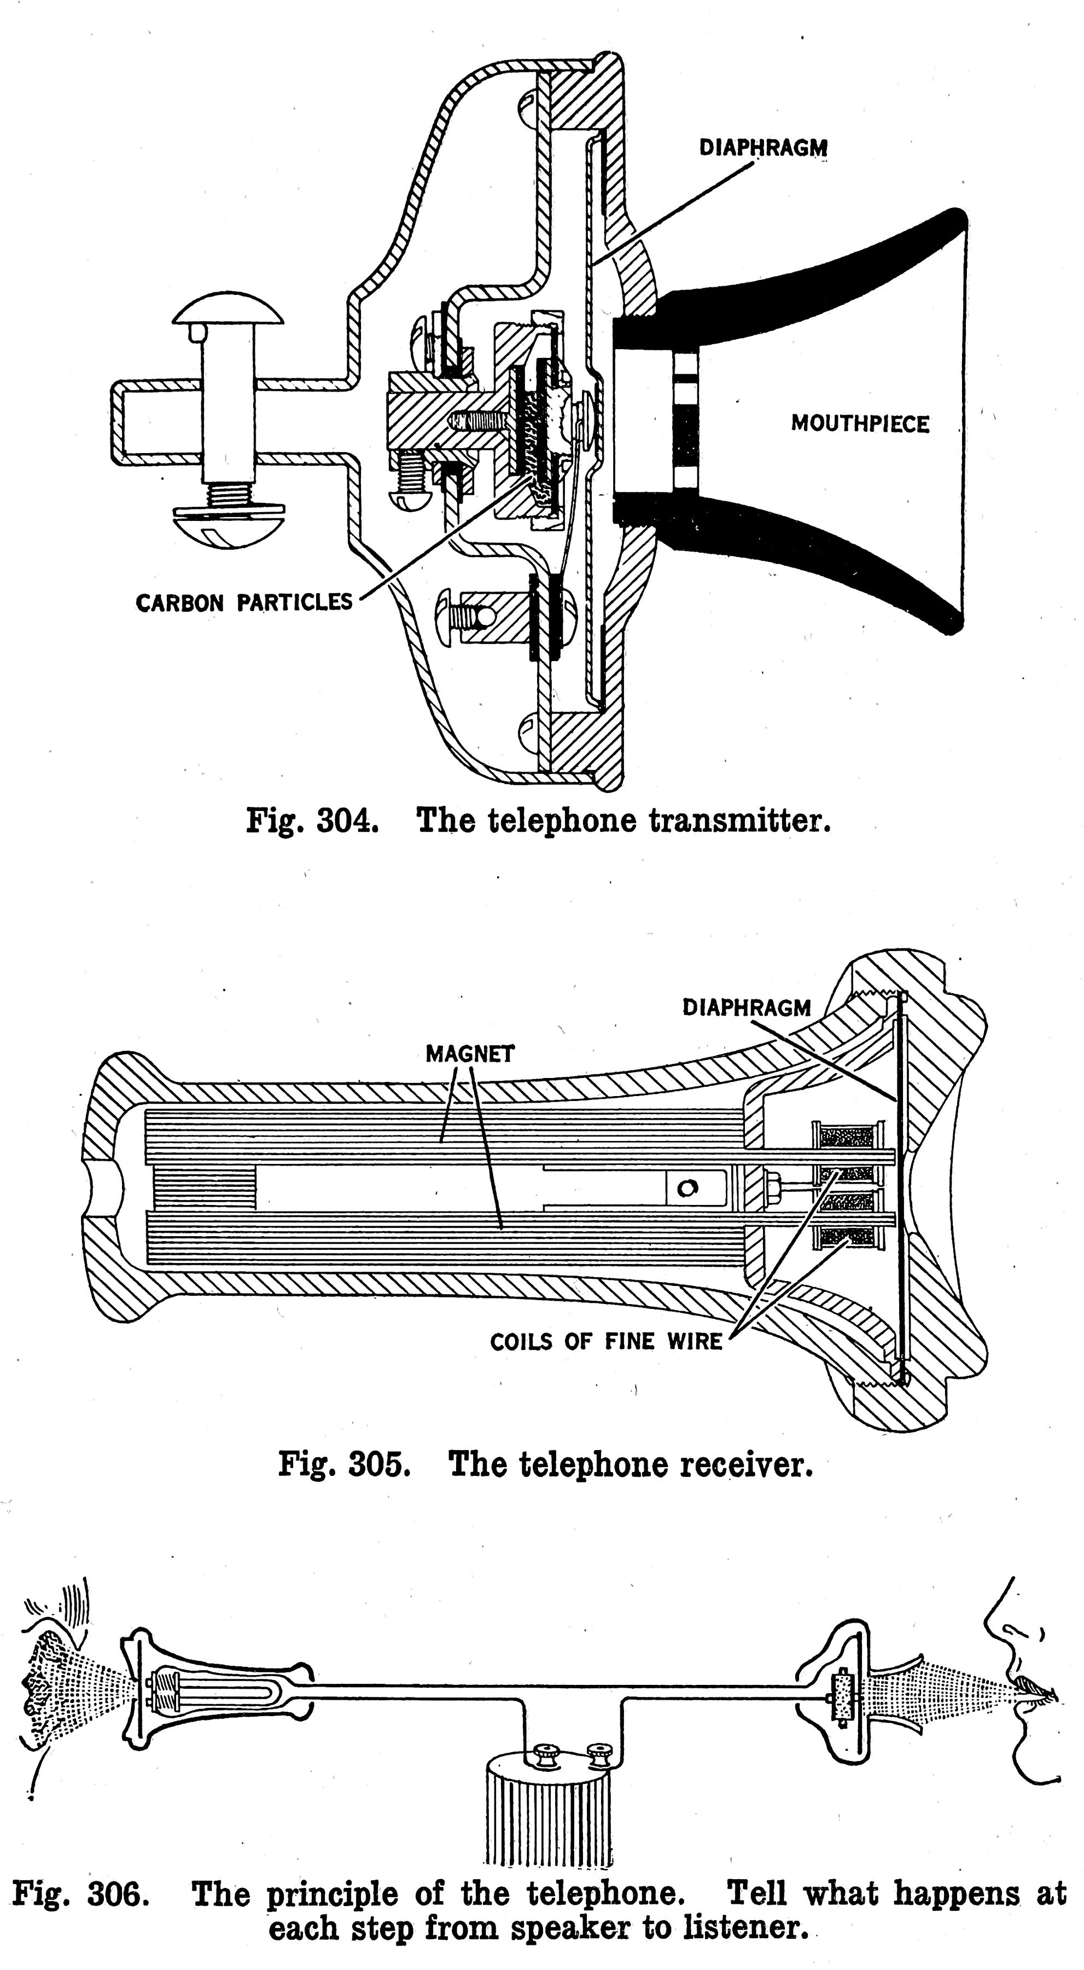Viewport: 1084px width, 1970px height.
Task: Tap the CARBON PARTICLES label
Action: click(244, 602)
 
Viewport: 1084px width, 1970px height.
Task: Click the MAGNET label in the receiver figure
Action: click(469, 1054)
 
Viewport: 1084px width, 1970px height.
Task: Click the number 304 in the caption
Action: click(347, 821)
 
